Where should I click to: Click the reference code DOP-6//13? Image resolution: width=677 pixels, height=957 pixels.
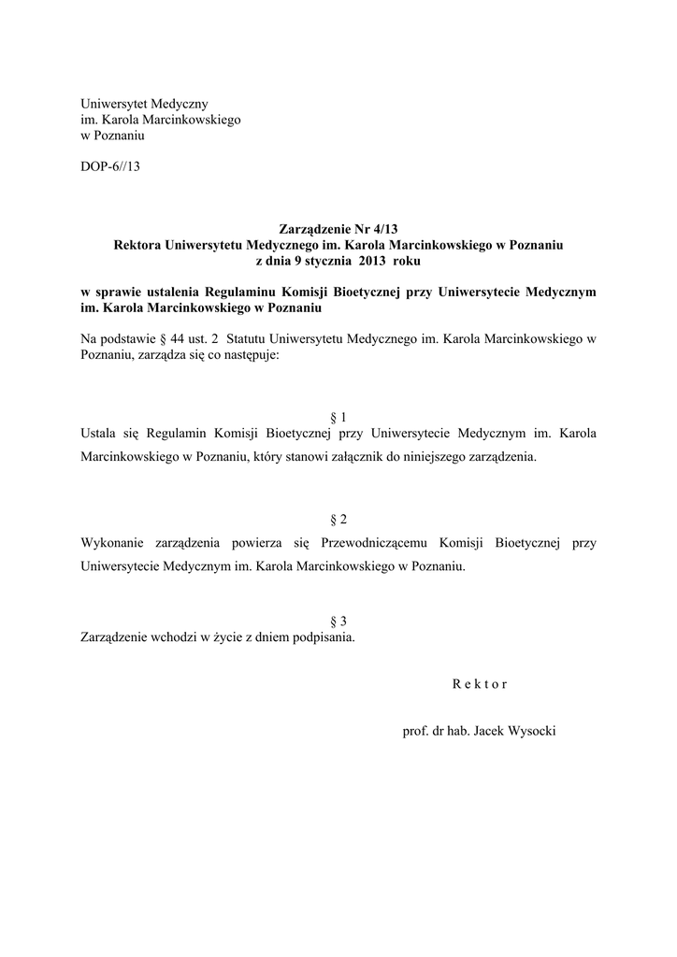click(109, 167)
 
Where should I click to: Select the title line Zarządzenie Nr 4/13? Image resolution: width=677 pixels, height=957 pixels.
click(338, 229)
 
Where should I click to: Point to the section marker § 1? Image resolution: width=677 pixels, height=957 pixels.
click(338, 417)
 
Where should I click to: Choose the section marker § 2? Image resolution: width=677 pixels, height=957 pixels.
click(338, 519)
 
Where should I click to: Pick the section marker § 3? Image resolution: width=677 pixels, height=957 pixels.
click(338, 621)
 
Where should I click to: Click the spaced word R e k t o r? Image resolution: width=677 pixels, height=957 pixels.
click(480, 683)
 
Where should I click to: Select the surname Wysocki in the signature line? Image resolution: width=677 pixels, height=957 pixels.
click(529, 730)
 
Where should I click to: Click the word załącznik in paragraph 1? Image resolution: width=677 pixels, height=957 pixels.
click(380, 458)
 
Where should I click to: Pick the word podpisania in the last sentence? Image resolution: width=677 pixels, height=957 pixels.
click(324, 639)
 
